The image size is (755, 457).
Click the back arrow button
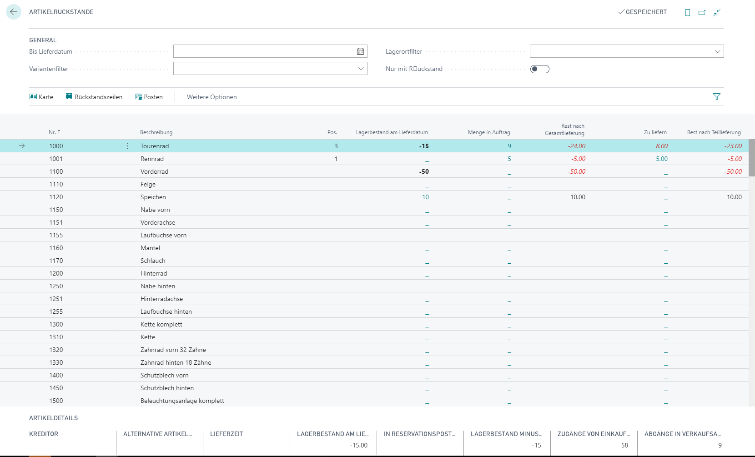[14, 12]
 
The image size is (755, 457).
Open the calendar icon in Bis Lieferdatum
[360, 51]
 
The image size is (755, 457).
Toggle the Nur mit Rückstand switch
[539, 69]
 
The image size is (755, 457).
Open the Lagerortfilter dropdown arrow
[717, 51]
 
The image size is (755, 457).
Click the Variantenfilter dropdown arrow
[361, 69]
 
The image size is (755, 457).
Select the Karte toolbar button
[41, 97]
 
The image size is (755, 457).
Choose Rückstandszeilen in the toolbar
[94, 97]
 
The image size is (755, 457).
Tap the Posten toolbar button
[149, 97]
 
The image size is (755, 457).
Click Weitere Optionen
[211, 97]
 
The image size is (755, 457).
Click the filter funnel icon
[717, 97]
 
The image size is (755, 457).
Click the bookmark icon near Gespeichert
[688, 12]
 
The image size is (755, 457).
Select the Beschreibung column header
[156, 132]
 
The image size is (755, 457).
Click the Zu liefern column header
[655, 132]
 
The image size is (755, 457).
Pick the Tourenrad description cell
[155, 146]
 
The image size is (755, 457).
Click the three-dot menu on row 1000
[127, 146]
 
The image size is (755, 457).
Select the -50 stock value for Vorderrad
[424, 171]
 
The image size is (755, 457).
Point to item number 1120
[56, 197]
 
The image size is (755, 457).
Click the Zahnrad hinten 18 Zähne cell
[176, 362]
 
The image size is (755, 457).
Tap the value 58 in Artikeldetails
[624, 446]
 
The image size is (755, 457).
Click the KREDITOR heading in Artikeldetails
[44, 434]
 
